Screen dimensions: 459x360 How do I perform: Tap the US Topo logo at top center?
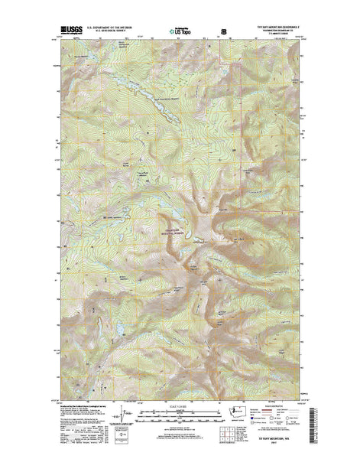point(180,31)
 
